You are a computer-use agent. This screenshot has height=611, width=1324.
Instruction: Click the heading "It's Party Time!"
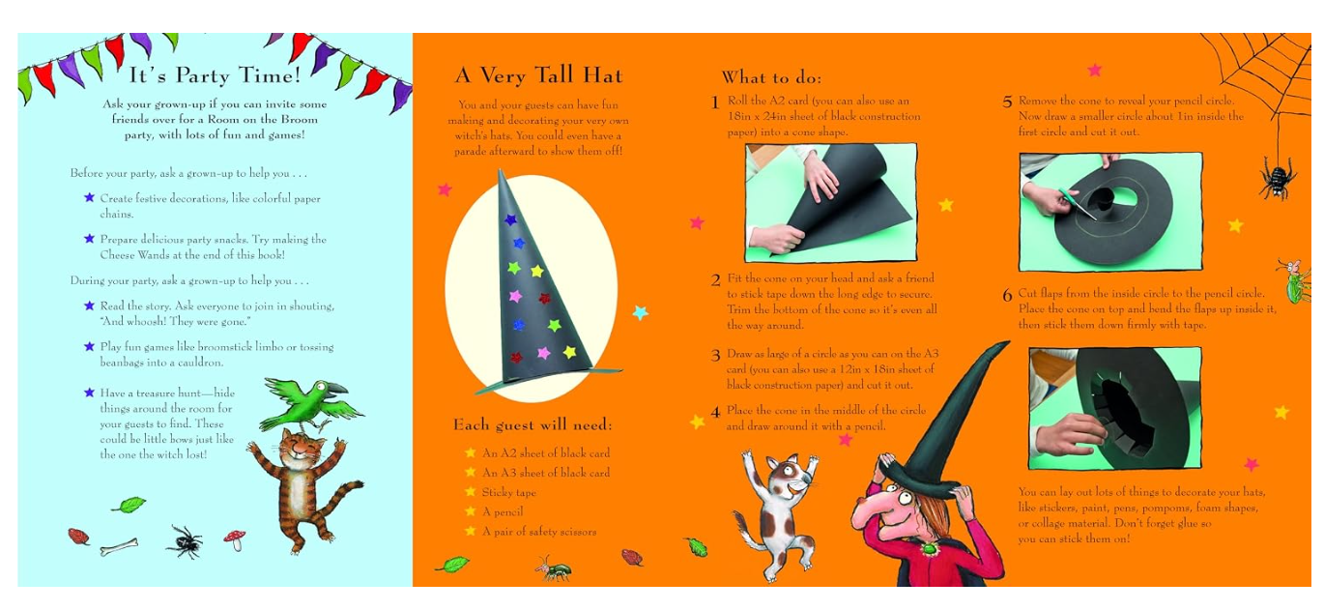[x=215, y=75]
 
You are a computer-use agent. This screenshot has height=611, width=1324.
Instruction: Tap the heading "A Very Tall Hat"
[x=538, y=75]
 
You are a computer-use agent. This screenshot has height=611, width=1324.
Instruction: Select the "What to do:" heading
[x=771, y=77]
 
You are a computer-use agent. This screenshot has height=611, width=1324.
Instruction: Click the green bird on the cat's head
[x=310, y=404]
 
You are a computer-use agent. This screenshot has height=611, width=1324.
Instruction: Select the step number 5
[x=1007, y=102]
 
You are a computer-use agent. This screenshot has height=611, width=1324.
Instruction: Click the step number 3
[x=715, y=355]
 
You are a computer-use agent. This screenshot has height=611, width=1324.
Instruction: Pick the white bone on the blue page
[x=119, y=547]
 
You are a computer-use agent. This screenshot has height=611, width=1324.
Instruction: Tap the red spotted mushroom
[x=235, y=539]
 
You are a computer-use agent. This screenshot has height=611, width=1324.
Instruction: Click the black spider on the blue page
[x=186, y=541]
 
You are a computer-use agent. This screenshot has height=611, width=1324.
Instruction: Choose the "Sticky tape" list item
[x=508, y=492]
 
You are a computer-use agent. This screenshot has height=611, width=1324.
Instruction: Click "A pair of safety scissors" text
[x=539, y=531]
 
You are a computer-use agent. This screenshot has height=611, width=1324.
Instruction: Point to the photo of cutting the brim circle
[x=1110, y=212]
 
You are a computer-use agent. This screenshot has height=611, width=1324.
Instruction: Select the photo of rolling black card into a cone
[x=831, y=202]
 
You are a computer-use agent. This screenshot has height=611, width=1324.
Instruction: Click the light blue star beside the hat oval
[x=640, y=311]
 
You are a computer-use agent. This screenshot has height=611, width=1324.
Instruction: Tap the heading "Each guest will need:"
[x=532, y=424]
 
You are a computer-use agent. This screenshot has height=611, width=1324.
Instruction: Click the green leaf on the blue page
[x=129, y=505]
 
